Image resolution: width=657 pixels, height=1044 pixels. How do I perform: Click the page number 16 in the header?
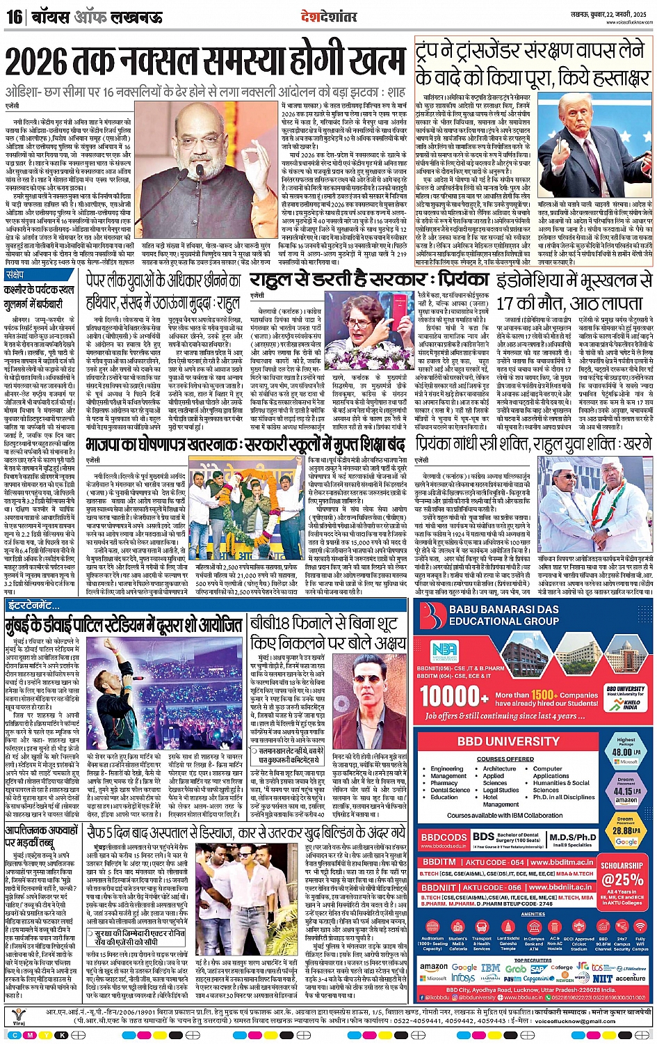click(14, 16)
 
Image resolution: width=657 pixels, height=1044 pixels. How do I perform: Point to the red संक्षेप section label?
click(15, 275)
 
